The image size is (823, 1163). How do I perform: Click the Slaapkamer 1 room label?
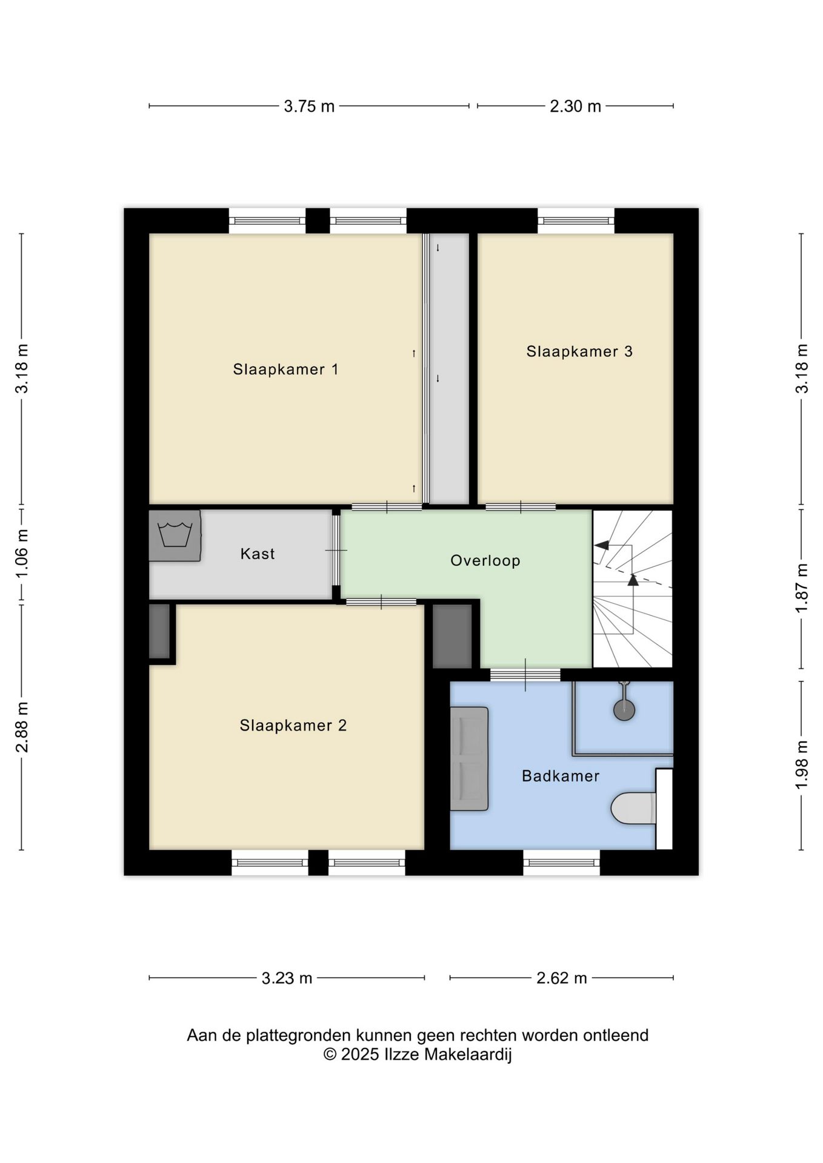click(285, 369)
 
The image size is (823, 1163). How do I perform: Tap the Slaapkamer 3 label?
click(579, 351)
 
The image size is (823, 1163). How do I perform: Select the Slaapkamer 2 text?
click(293, 726)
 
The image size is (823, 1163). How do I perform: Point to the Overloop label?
click(485, 561)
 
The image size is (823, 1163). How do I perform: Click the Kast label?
click(258, 554)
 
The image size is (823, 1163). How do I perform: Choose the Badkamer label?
click(561, 776)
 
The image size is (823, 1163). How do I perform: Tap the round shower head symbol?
click(624, 709)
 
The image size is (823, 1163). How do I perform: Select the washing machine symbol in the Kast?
click(175, 535)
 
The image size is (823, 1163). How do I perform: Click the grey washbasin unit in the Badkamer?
click(469, 759)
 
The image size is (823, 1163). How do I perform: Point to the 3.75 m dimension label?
click(309, 107)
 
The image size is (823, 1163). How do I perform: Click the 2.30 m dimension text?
click(575, 107)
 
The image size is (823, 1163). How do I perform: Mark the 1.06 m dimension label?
click(22, 553)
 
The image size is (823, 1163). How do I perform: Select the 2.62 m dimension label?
click(562, 978)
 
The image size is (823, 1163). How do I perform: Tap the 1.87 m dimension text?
click(802, 588)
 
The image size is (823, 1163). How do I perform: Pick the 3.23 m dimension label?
click(287, 978)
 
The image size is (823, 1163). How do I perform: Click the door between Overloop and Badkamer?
click(525, 674)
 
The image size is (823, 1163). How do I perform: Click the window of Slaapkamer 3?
click(576, 221)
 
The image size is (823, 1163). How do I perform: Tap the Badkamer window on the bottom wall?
click(562, 863)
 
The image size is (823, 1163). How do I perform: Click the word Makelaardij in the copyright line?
click(467, 1055)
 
